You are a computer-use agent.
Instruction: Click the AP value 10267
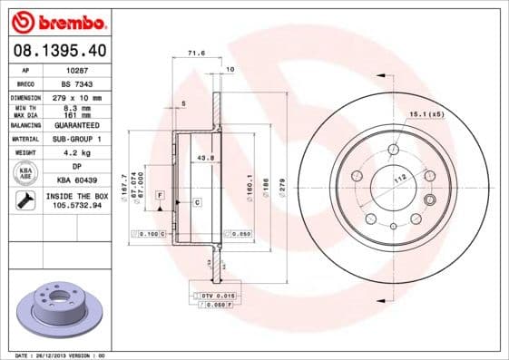tap(78, 69)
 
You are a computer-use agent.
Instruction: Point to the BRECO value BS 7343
tap(78, 83)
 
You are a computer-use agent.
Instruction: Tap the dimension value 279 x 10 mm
tap(78, 97)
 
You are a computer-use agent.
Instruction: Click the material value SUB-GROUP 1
tap(78, 139)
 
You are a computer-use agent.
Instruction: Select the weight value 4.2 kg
tap(78, 152)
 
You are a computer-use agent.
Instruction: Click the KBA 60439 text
tap(78, 180)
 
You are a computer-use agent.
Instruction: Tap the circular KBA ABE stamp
tap(24, 172)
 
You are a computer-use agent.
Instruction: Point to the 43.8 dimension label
tap(205, 158)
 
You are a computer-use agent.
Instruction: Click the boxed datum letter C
tap(196, 202)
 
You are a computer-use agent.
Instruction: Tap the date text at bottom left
tap(58, 355)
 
